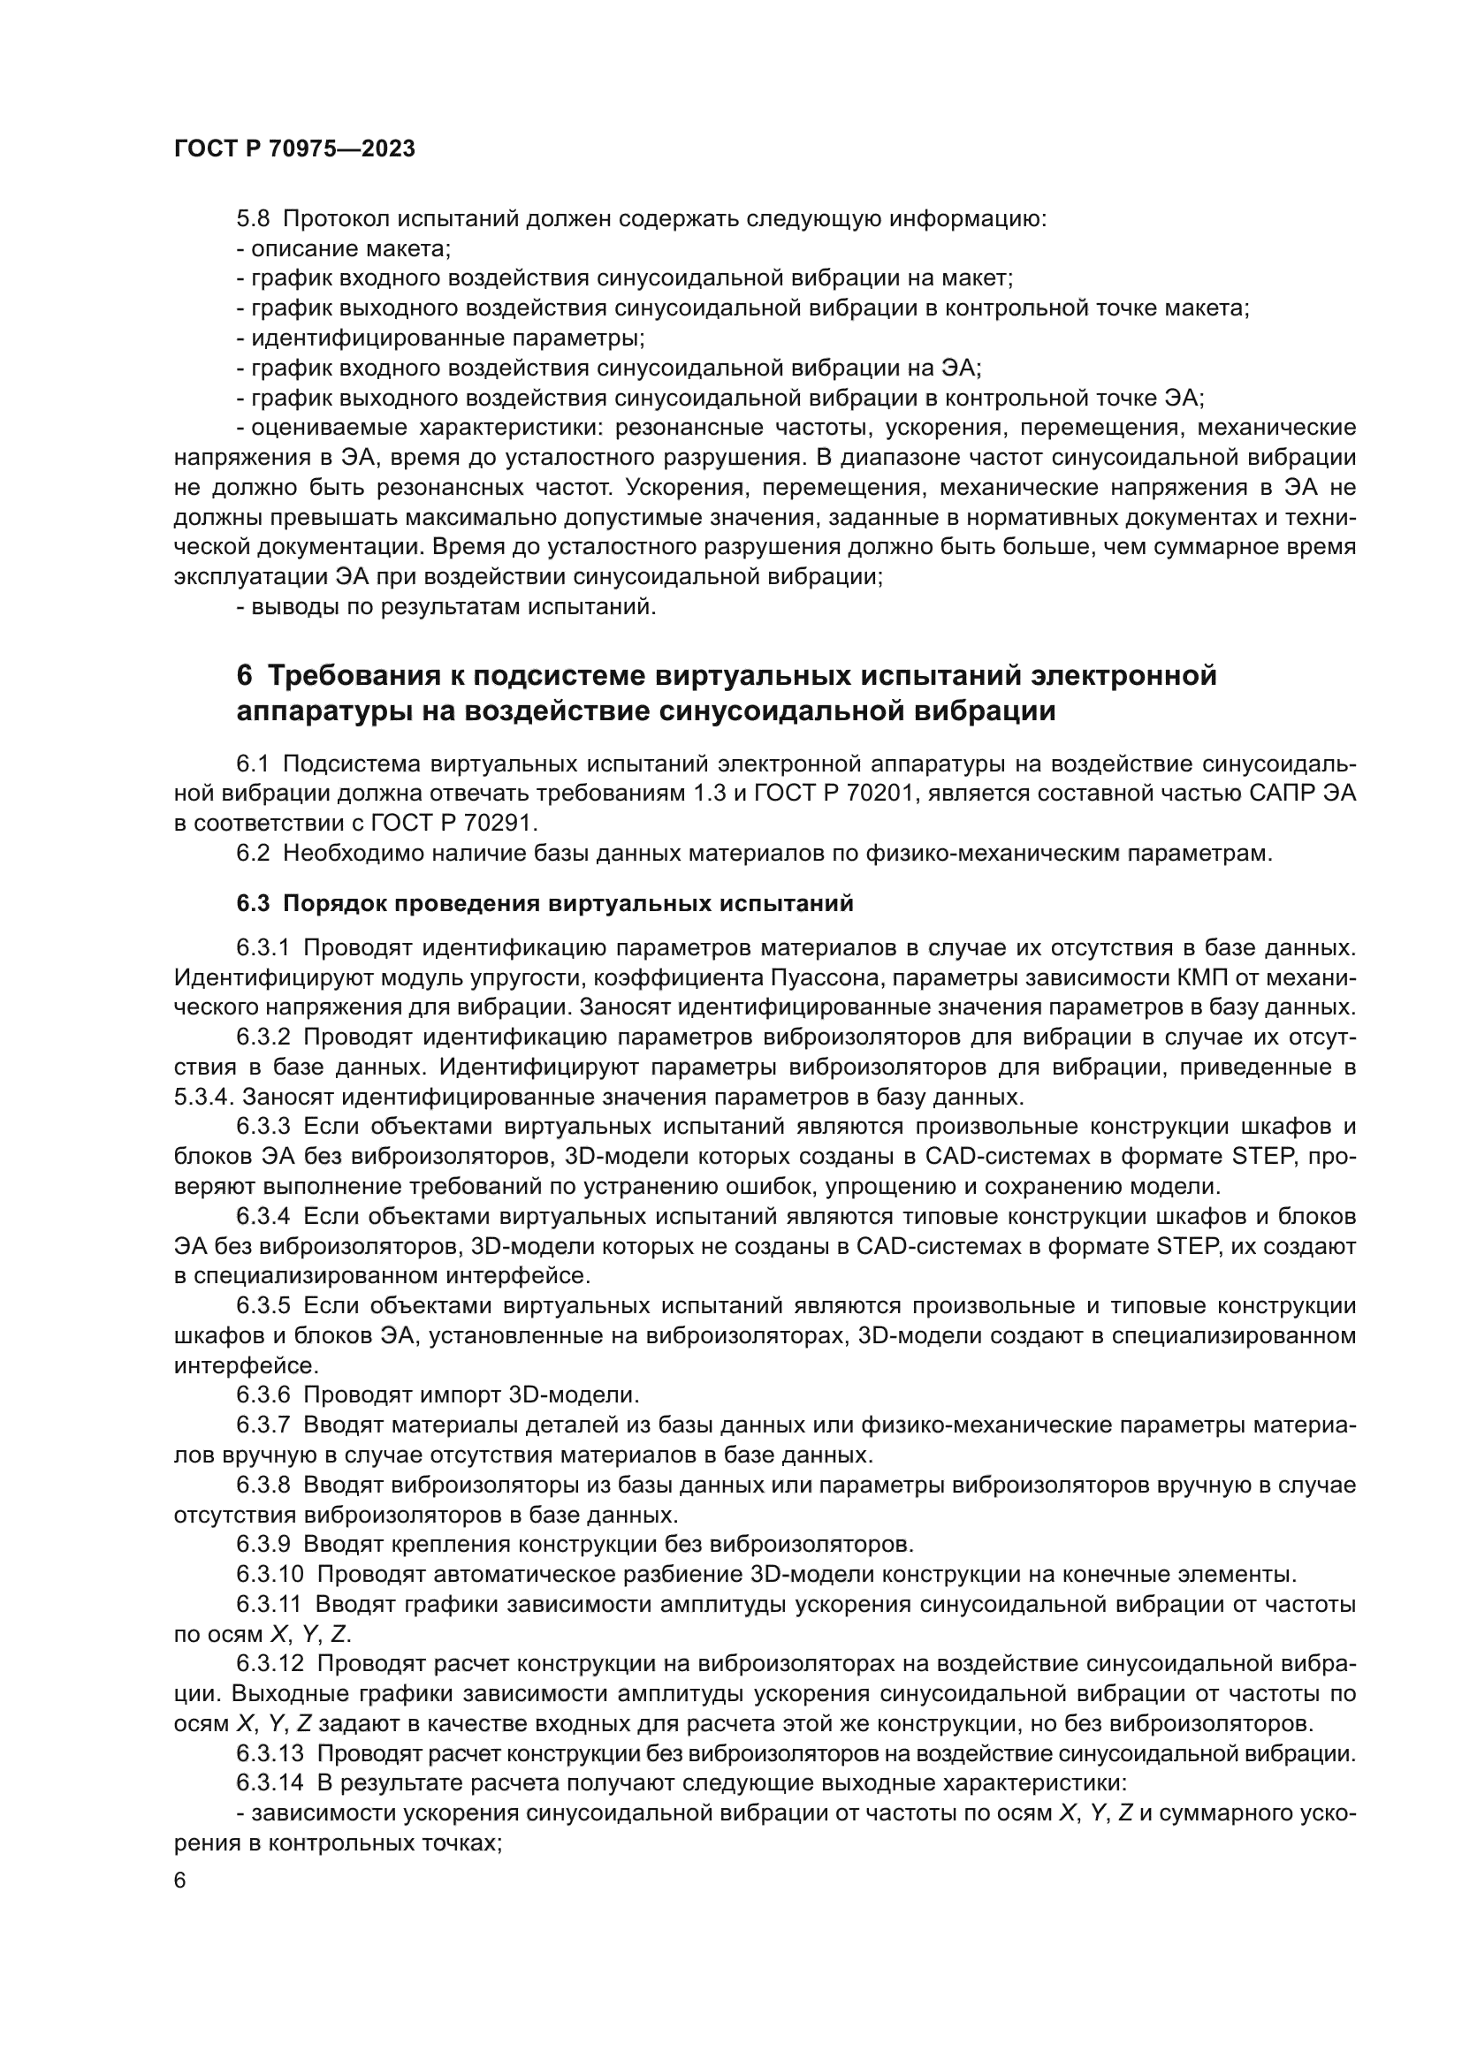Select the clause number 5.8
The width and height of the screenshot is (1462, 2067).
coord(253,219)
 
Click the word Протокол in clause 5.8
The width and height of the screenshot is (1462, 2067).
coord(337,219)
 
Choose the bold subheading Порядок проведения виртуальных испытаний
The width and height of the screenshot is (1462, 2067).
coord(568,904)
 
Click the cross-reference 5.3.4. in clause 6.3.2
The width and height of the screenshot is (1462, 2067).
coord(204,1098)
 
